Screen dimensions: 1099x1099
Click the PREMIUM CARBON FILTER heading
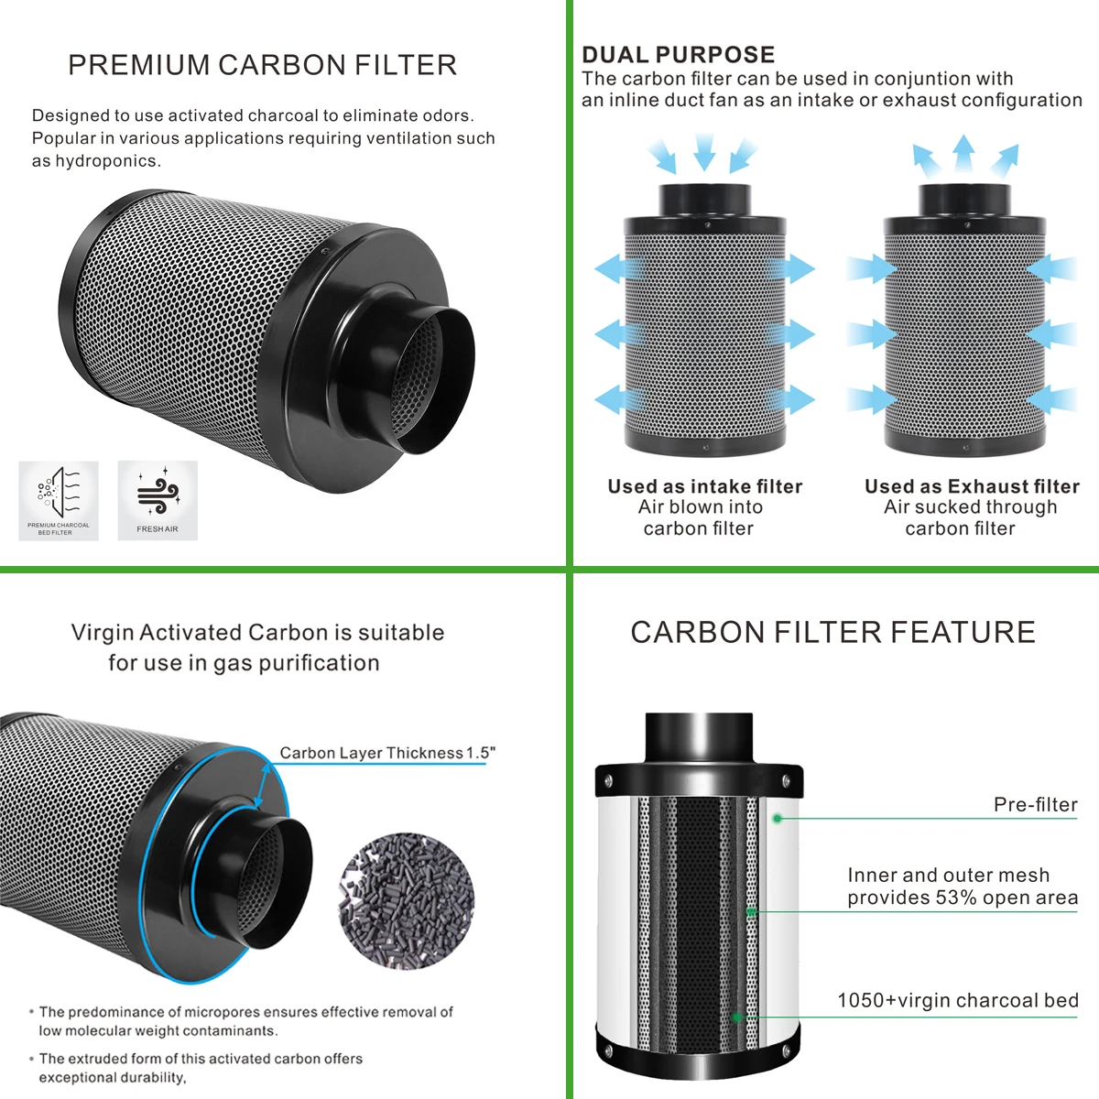(x=262, y=65)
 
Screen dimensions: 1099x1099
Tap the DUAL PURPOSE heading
(x=678, y=54)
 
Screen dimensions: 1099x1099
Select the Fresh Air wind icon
(x=158, y=495)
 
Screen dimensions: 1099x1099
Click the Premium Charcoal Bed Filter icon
(x=58, y=495)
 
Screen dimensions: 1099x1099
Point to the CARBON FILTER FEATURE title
(x=832, y=632)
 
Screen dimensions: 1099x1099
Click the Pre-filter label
(x=1035, y=804)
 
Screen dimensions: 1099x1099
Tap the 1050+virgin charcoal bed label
(x=957, y=1000)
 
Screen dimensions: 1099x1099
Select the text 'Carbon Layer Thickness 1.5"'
(x=387, y=753)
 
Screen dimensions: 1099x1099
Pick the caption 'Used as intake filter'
(x=704, y=486)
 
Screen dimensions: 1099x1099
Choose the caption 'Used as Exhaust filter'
(x=972, y=486)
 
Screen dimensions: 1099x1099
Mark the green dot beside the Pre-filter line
(x=777, y=818)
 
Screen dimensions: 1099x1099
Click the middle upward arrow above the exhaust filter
(x=963, y=153)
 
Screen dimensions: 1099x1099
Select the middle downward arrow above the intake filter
(x=703, y=151)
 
